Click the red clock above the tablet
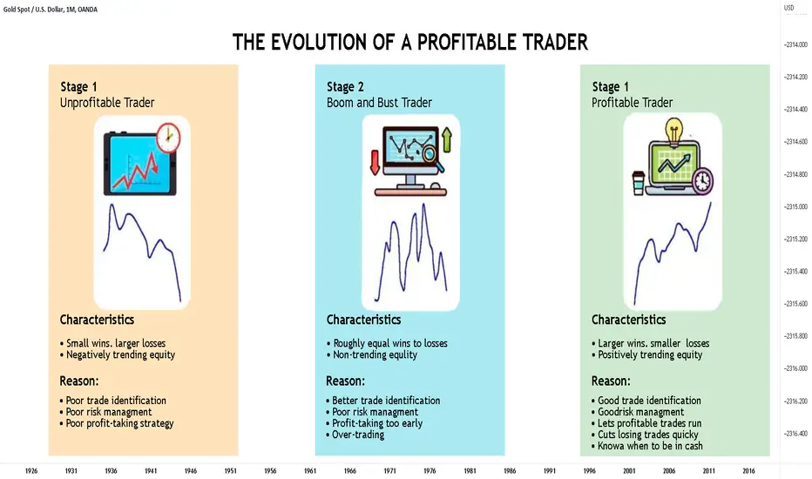[168, 138]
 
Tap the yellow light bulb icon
[673, 132]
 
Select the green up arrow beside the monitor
[446, 140]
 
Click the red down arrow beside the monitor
[375, 162]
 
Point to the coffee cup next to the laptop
[639, 183]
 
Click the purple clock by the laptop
[702, 181]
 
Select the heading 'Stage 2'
[345, 86]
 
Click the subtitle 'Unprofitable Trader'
[107, 103]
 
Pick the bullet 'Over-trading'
[355, 435]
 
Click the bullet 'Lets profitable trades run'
[646, 423]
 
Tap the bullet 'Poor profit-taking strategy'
[117, 423]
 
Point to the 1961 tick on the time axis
[310, 470]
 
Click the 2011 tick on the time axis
[708, 470]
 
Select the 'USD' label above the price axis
[788, 8]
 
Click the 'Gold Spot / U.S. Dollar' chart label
[32, 10]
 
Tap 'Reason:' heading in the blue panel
[345, 381]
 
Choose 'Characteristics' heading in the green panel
[629, 320]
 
